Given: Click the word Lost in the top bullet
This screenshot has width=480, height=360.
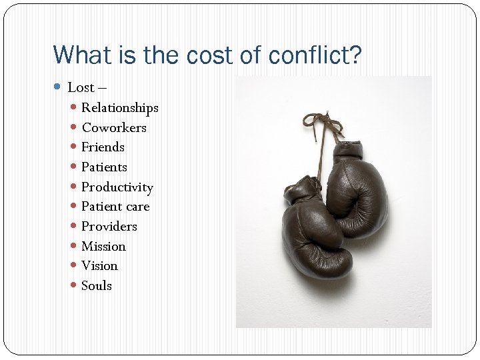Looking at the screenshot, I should (x=81, y=87).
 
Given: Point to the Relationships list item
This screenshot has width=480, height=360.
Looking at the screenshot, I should (x=119, y=107).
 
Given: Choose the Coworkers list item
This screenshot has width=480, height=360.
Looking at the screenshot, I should (x=113, y=127).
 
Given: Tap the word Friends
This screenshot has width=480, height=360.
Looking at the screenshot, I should (x=103, y=147).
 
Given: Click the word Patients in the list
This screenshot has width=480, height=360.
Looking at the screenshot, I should (x=104, y=167).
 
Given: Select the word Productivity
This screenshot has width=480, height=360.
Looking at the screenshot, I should (x=117, y=187).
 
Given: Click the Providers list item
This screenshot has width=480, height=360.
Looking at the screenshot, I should (x=109, y=226).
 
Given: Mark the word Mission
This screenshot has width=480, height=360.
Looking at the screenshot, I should (x=103, y=246).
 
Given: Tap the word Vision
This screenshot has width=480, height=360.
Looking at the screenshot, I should (x=99, y=265).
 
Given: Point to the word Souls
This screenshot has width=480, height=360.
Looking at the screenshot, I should (x=97, y=285).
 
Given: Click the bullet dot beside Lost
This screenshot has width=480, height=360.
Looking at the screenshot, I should (x=59, y=87).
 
